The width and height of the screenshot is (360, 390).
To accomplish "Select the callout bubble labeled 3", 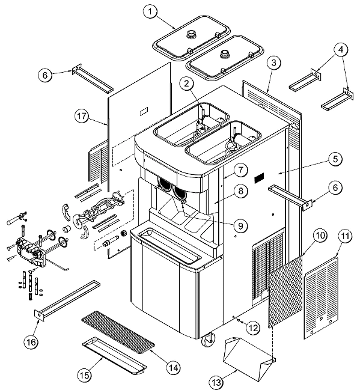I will pos(273,62).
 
